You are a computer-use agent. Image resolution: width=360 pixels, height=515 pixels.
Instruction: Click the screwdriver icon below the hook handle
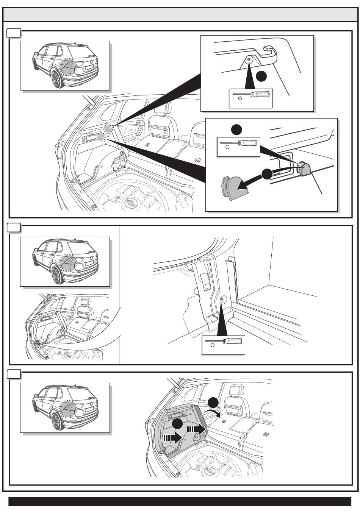click(251, 97)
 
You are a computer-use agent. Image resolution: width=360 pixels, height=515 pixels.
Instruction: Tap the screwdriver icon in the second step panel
click(223, 344)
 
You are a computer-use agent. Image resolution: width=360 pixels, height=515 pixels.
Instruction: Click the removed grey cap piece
click(233, 187)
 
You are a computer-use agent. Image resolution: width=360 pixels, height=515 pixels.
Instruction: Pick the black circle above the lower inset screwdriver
click(237, 130)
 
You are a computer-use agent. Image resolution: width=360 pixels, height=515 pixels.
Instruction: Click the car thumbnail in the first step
click(65, 66)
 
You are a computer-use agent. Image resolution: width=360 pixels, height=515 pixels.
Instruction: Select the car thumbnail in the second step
click(65, 261)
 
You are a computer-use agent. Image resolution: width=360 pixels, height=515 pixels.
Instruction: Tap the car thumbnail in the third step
click(65, 407)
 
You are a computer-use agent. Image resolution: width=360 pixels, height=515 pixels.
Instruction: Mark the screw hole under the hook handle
click(249, 59)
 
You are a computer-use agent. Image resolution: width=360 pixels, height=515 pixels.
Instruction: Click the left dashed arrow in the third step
click(172, 437)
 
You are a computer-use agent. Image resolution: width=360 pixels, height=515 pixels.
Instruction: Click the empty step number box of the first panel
click(14, 33)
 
